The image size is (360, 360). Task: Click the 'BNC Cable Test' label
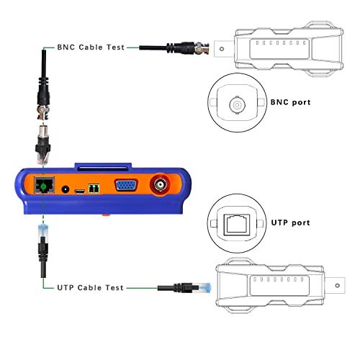pos(91,48)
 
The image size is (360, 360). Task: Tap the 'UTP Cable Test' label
pos(90,287)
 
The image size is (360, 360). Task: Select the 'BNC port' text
pos(290,102)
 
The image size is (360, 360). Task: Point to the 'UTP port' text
pos(290,222)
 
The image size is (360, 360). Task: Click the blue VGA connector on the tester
pos(126,185)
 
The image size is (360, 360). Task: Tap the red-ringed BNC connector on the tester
pos(160,184)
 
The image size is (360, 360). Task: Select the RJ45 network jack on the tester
pos(44,185)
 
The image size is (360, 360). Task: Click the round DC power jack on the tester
pos(65,189)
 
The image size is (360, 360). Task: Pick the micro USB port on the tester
pos(80,192)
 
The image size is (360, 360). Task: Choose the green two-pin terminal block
pos(94,189)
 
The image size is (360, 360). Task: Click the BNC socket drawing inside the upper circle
pos(237,105)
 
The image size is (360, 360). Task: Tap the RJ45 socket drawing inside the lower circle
pos(237,225)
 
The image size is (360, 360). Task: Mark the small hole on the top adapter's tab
pos(222,49)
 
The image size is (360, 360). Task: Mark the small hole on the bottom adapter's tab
pos(338,286)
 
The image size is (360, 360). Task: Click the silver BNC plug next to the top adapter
pos(202,48)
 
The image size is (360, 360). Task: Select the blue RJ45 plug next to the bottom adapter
pos(204,288)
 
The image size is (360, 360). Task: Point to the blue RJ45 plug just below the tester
pos(43,230)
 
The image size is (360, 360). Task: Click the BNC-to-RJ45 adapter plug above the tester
pos(43,145)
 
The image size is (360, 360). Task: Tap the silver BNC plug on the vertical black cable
pos(43,112)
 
